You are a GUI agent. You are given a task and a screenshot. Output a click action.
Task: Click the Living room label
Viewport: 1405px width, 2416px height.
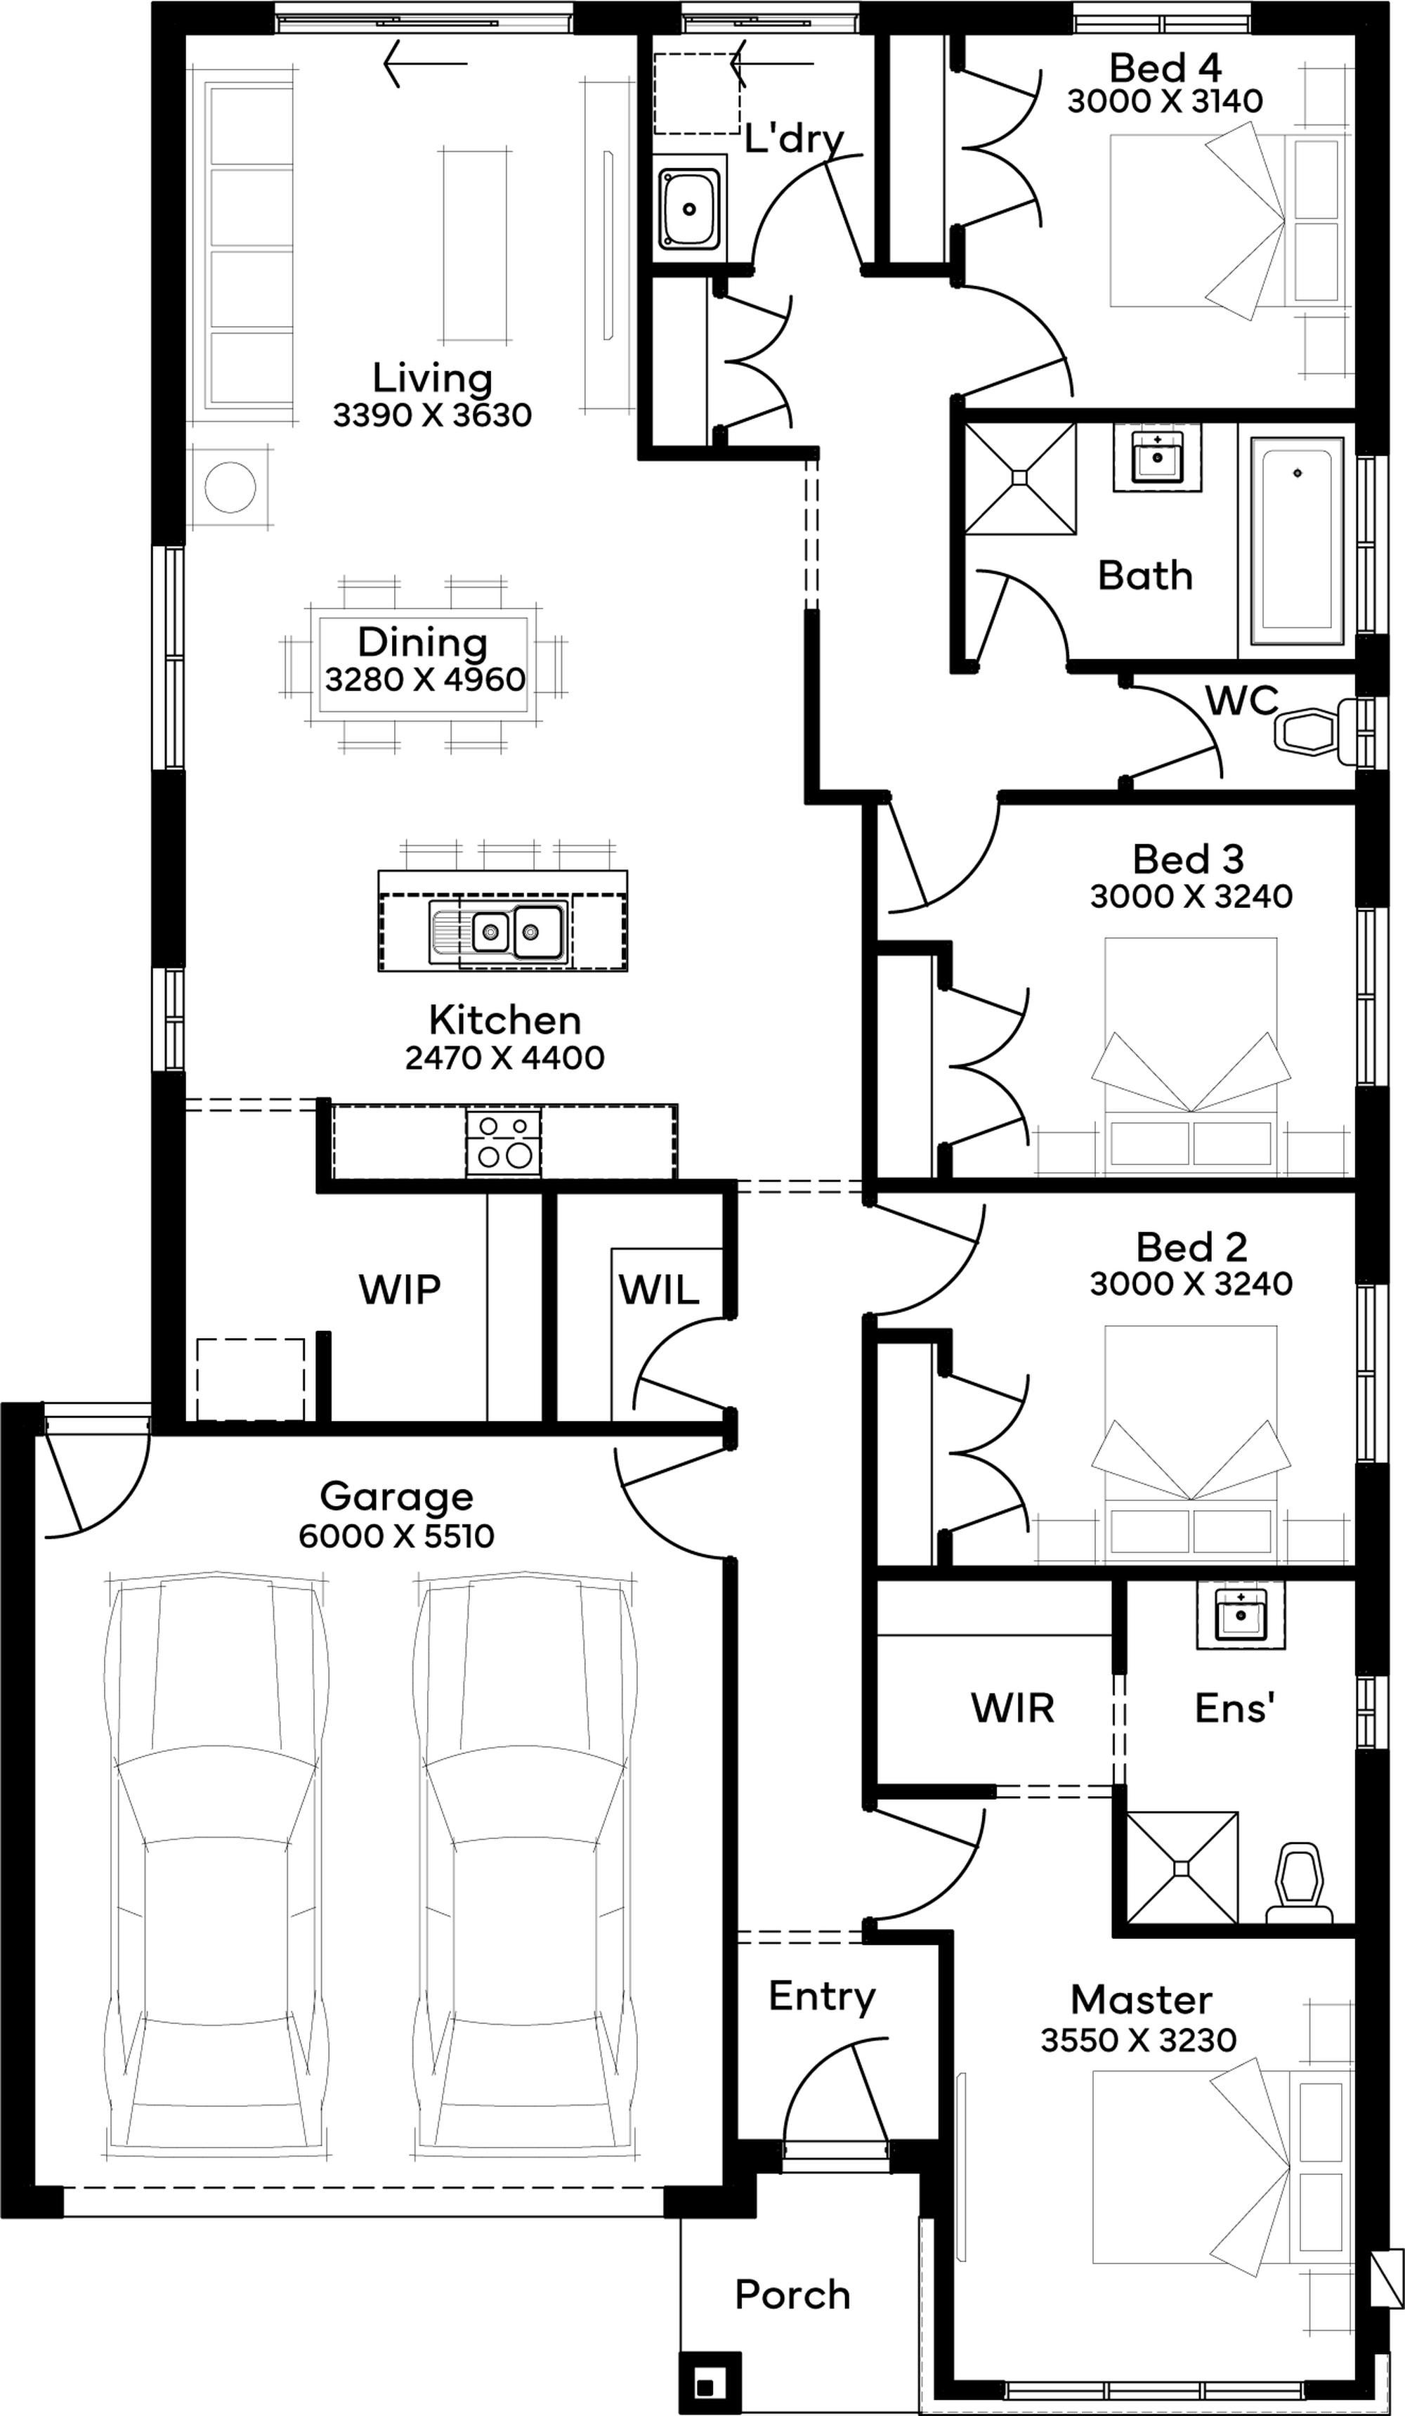[432, 378]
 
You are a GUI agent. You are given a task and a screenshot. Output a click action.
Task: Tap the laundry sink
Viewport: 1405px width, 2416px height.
[688, 207]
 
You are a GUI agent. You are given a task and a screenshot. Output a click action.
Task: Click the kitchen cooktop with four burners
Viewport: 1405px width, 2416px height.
[503, 1142]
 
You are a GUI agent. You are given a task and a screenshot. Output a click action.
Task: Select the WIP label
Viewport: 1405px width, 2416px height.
[400, 1290]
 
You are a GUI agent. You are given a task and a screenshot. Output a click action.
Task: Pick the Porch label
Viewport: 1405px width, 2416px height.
[792, 2294]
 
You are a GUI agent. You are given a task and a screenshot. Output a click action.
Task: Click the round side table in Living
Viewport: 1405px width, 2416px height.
[230, 487]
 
